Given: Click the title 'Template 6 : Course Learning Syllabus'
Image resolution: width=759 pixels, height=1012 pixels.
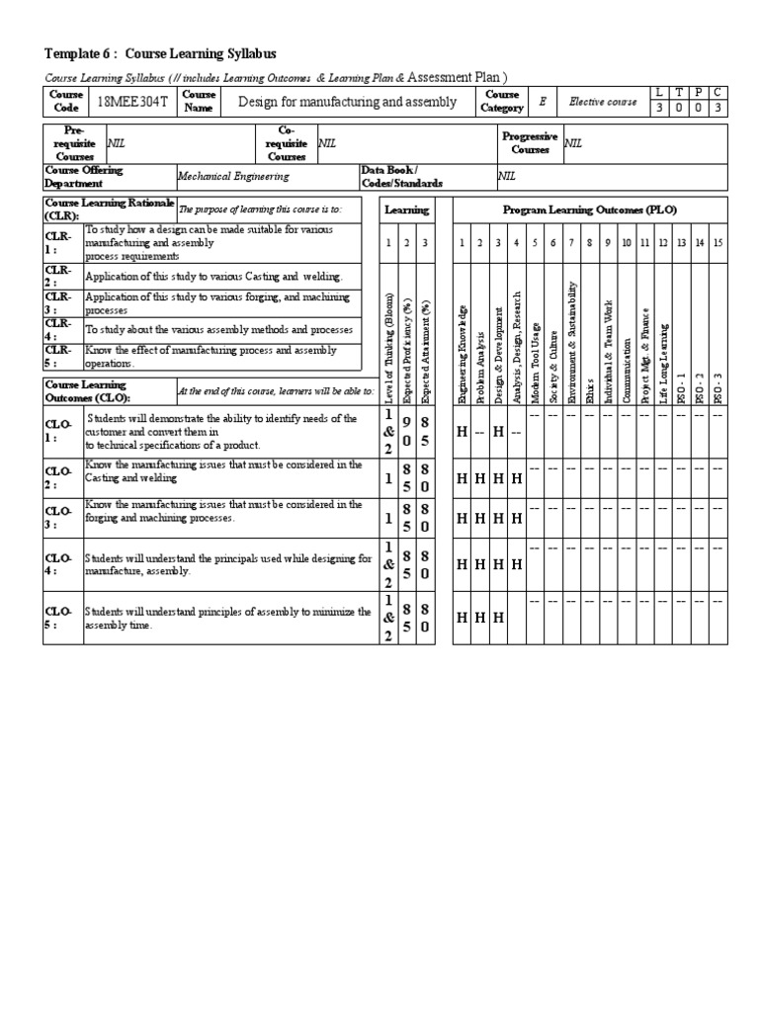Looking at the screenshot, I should pos(160,53).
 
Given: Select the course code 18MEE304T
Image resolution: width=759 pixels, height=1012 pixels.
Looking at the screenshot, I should pos(131,102).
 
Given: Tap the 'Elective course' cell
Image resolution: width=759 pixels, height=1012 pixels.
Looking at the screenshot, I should pos(602,102).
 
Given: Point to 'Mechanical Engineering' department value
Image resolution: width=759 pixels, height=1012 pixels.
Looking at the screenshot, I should pos(233,177).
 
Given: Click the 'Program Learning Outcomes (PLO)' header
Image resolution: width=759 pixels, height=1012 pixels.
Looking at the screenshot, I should pos(590,210).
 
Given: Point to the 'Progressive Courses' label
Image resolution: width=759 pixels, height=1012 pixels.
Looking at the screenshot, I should pos(530,143).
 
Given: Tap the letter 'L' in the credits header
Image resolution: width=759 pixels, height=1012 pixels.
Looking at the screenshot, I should pos(659,92).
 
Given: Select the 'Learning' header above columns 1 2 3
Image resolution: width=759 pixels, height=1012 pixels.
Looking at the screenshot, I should pos(406,210).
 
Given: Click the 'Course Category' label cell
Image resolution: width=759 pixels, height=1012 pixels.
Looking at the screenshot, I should pos(502,102).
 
